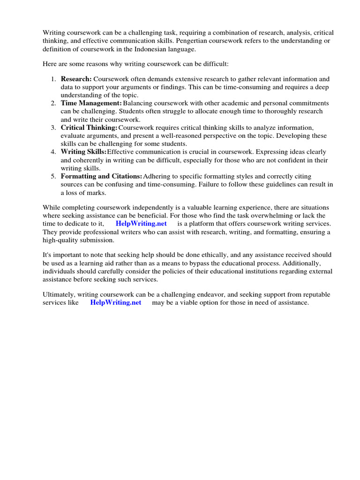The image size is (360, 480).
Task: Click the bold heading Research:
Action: (76, 79)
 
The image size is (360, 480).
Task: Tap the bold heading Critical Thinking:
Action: (89, 127)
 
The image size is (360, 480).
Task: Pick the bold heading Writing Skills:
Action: (83, 152)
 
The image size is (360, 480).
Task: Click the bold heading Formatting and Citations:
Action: (101, 176)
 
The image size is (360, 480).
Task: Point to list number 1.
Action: (53, 79)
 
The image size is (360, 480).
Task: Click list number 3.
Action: (53, 127)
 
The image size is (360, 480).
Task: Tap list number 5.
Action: (53, 176)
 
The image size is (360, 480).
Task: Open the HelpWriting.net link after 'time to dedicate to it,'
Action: (141, 224)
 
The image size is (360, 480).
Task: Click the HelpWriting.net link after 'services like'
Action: (116, 302)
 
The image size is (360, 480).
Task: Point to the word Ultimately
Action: (59, 294)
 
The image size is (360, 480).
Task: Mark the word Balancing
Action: (137, 103)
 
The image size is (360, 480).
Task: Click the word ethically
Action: (225, 255)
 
